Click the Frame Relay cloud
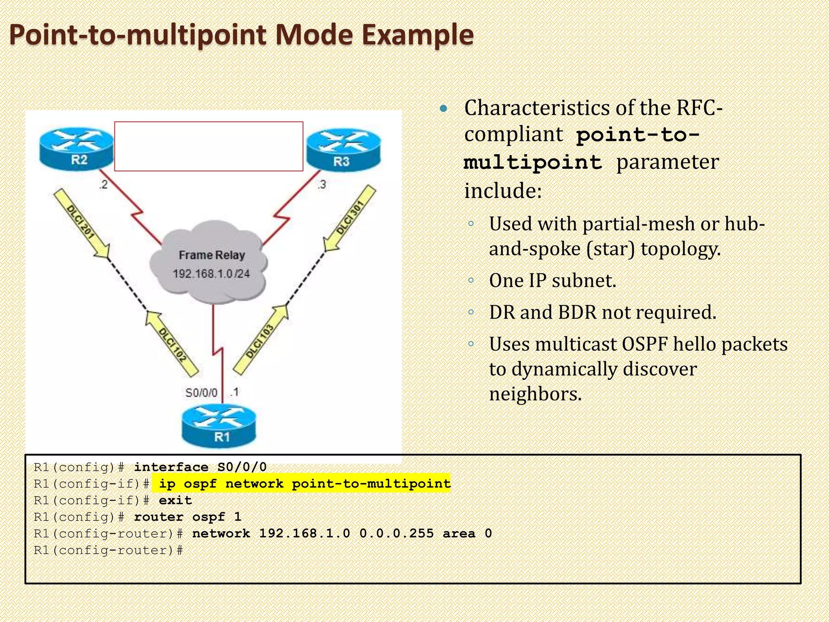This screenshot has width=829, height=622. tap(209, 263)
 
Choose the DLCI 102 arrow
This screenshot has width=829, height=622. tap(172, 343)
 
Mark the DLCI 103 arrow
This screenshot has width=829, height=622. tap(261, 340)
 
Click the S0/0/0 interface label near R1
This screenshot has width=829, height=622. tap(201, 392)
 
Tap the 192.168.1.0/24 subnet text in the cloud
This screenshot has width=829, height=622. tap(211, 274)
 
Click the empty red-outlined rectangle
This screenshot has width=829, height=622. tap(208, 146)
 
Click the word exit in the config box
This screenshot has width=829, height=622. tap(175, 501)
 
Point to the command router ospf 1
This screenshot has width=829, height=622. tap(187, 517)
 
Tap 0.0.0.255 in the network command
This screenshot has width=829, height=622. tap(396, 533)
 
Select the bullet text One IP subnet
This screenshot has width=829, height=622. tap(552, 280)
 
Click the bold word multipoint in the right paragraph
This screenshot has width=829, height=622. tap(533, 162)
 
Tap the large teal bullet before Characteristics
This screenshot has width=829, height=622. tap(444, 108)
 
